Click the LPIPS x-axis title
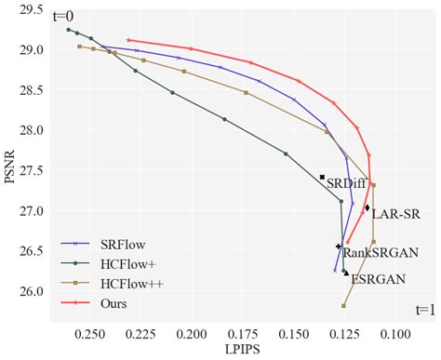(241, 350)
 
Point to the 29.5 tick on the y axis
(30, 10)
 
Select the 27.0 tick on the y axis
(30, 211)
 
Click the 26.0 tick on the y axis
(30, 291)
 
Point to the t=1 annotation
(423, 311)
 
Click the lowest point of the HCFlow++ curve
(343, 306)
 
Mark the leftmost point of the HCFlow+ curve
(68, 30)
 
